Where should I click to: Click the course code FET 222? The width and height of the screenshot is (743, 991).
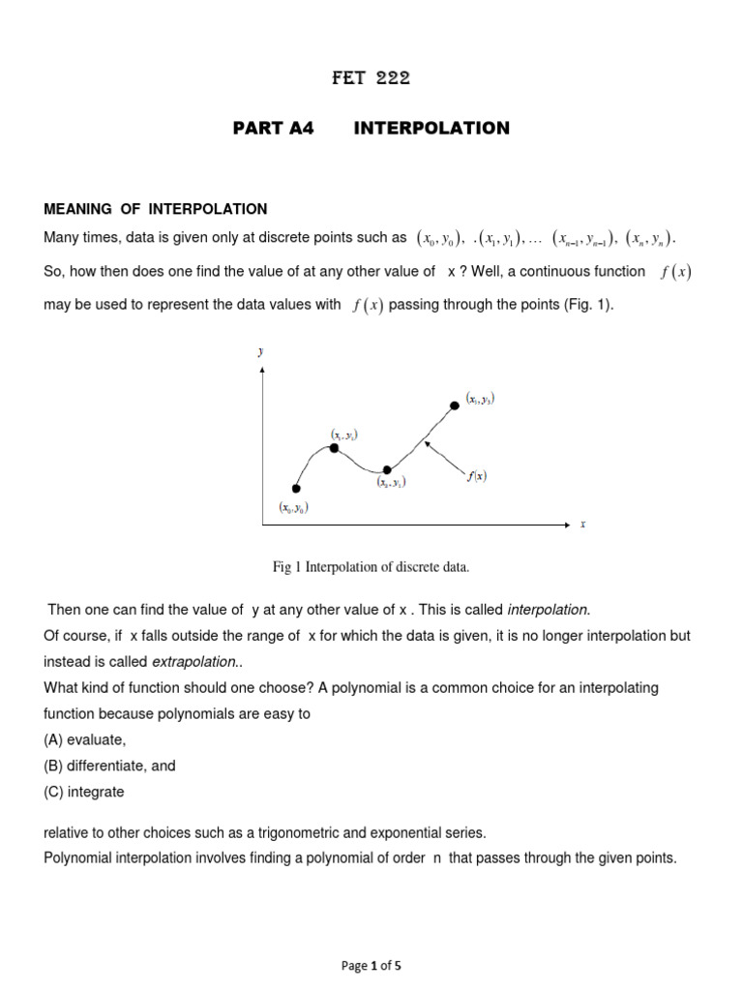coord(371,79)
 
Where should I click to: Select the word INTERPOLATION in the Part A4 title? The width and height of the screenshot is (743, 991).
coord(431,129)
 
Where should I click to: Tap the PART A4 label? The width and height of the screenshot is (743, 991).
coord(274,129)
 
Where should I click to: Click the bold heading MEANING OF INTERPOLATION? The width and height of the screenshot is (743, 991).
coord(156,209)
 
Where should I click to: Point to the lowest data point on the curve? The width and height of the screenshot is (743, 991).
coord(296,488)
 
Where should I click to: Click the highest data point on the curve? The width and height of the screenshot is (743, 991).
coord(456,405)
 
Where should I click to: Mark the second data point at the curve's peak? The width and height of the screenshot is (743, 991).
coord(334,448)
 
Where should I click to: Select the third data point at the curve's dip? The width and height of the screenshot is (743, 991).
coord(387,469)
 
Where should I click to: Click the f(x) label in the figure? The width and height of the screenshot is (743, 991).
coord(476,476)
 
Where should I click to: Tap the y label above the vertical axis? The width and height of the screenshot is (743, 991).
coord(260,353)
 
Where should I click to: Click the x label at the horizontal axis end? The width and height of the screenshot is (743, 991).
coord(582,525)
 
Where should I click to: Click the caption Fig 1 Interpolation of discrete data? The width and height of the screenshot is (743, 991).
coord(371,567)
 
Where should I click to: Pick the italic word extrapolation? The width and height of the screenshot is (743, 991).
coord(193,662)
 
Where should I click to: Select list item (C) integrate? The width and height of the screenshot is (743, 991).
coord(84,792)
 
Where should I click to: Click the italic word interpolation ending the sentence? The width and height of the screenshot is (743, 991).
coord(548,610)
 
